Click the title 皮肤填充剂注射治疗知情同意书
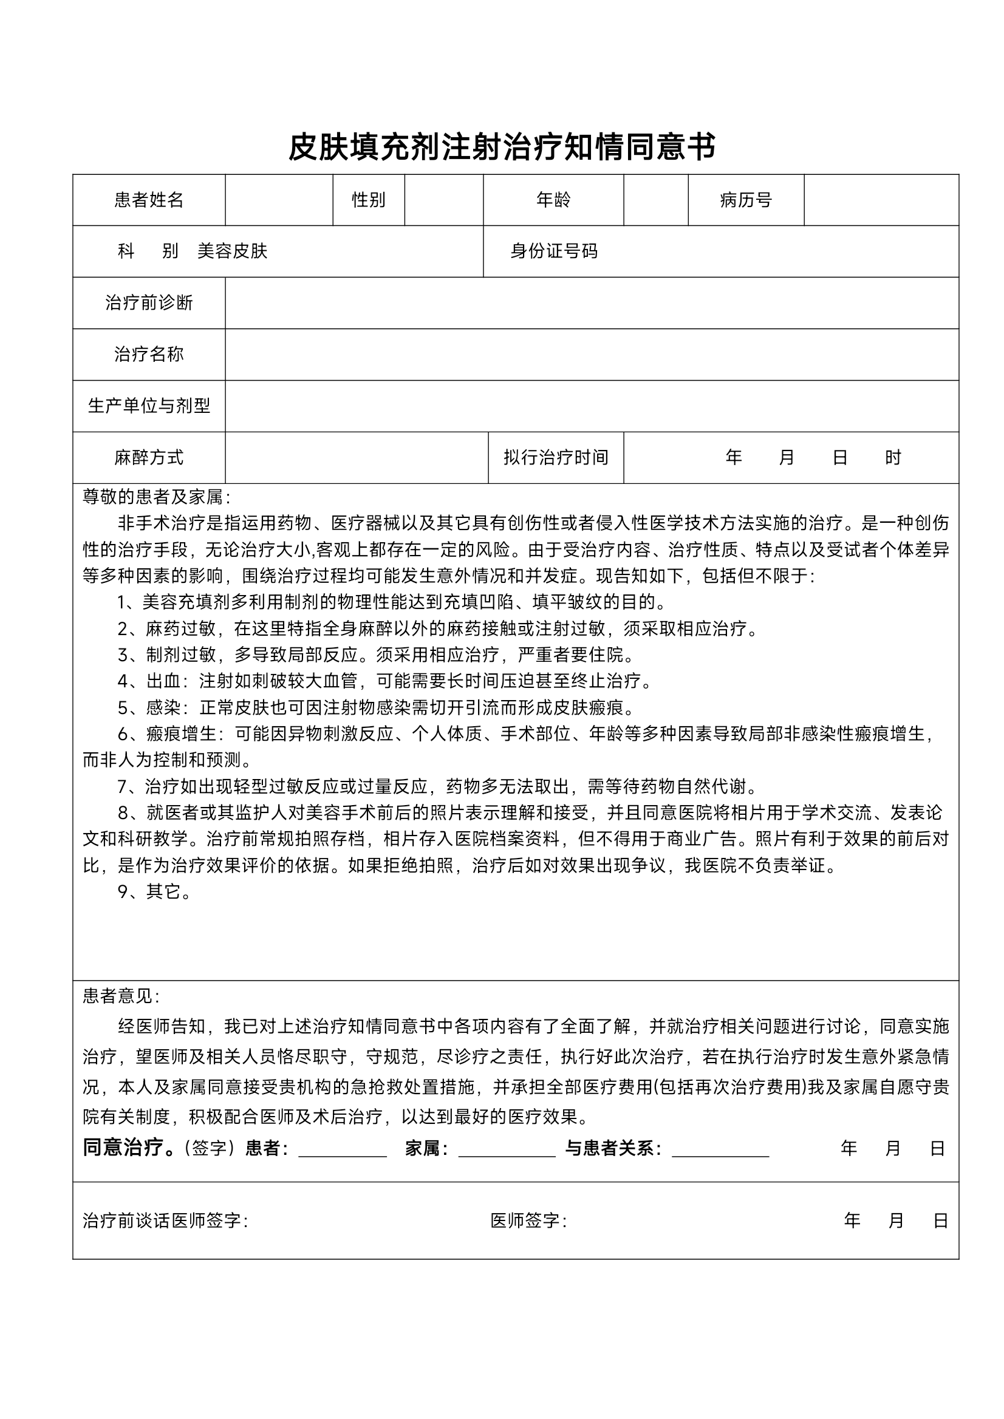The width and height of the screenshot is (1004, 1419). point(501,147)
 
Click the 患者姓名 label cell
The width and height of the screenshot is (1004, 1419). point(148,200)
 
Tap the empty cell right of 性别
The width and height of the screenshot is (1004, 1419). point(443,200)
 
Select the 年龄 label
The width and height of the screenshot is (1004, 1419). point(553,200)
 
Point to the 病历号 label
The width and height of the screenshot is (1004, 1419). point(746,200)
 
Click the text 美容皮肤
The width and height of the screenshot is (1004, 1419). point(232,251)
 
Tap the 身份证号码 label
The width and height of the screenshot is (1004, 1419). point(553,251)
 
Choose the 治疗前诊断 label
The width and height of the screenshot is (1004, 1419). point(148,303)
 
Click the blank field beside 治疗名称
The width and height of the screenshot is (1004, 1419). point(591,354)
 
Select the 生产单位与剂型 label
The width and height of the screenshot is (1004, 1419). point(148,406)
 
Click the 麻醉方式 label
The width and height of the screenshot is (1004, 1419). point(148,457)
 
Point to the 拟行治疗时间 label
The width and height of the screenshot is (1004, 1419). point(555,457)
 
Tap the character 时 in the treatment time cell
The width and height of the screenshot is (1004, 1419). point(893,457)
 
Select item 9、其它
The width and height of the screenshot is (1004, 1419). point(154,891)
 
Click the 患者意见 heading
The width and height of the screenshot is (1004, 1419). point(121,996)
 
